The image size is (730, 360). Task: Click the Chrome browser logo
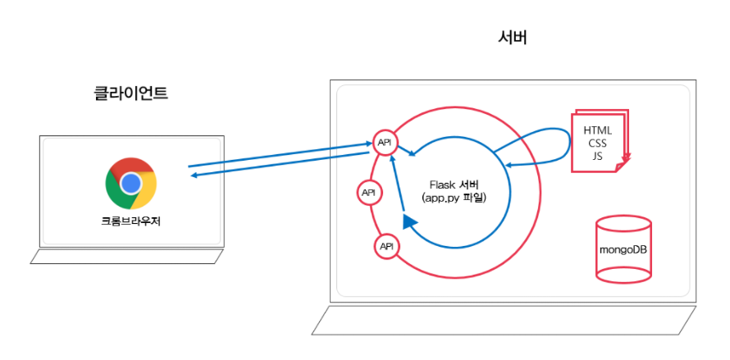tap(131, 183)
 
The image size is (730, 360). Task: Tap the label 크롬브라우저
tap(131, 221)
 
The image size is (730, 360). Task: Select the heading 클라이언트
tap(131, 93)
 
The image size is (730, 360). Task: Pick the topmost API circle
tap(385, 143)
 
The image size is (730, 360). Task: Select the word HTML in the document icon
tap(597, 130)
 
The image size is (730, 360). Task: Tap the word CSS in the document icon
tap(597, 143)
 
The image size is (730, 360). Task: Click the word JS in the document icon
tap(597, 155)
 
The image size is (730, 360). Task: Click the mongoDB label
tap(623, 249)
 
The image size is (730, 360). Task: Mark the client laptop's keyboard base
tap(127, 257)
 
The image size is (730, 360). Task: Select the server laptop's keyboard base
tap(504, 320)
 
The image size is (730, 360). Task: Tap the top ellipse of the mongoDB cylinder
tap(623, 224)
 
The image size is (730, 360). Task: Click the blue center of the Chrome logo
tap(131, 183)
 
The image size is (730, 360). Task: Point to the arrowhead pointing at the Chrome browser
tap(193, 173)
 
